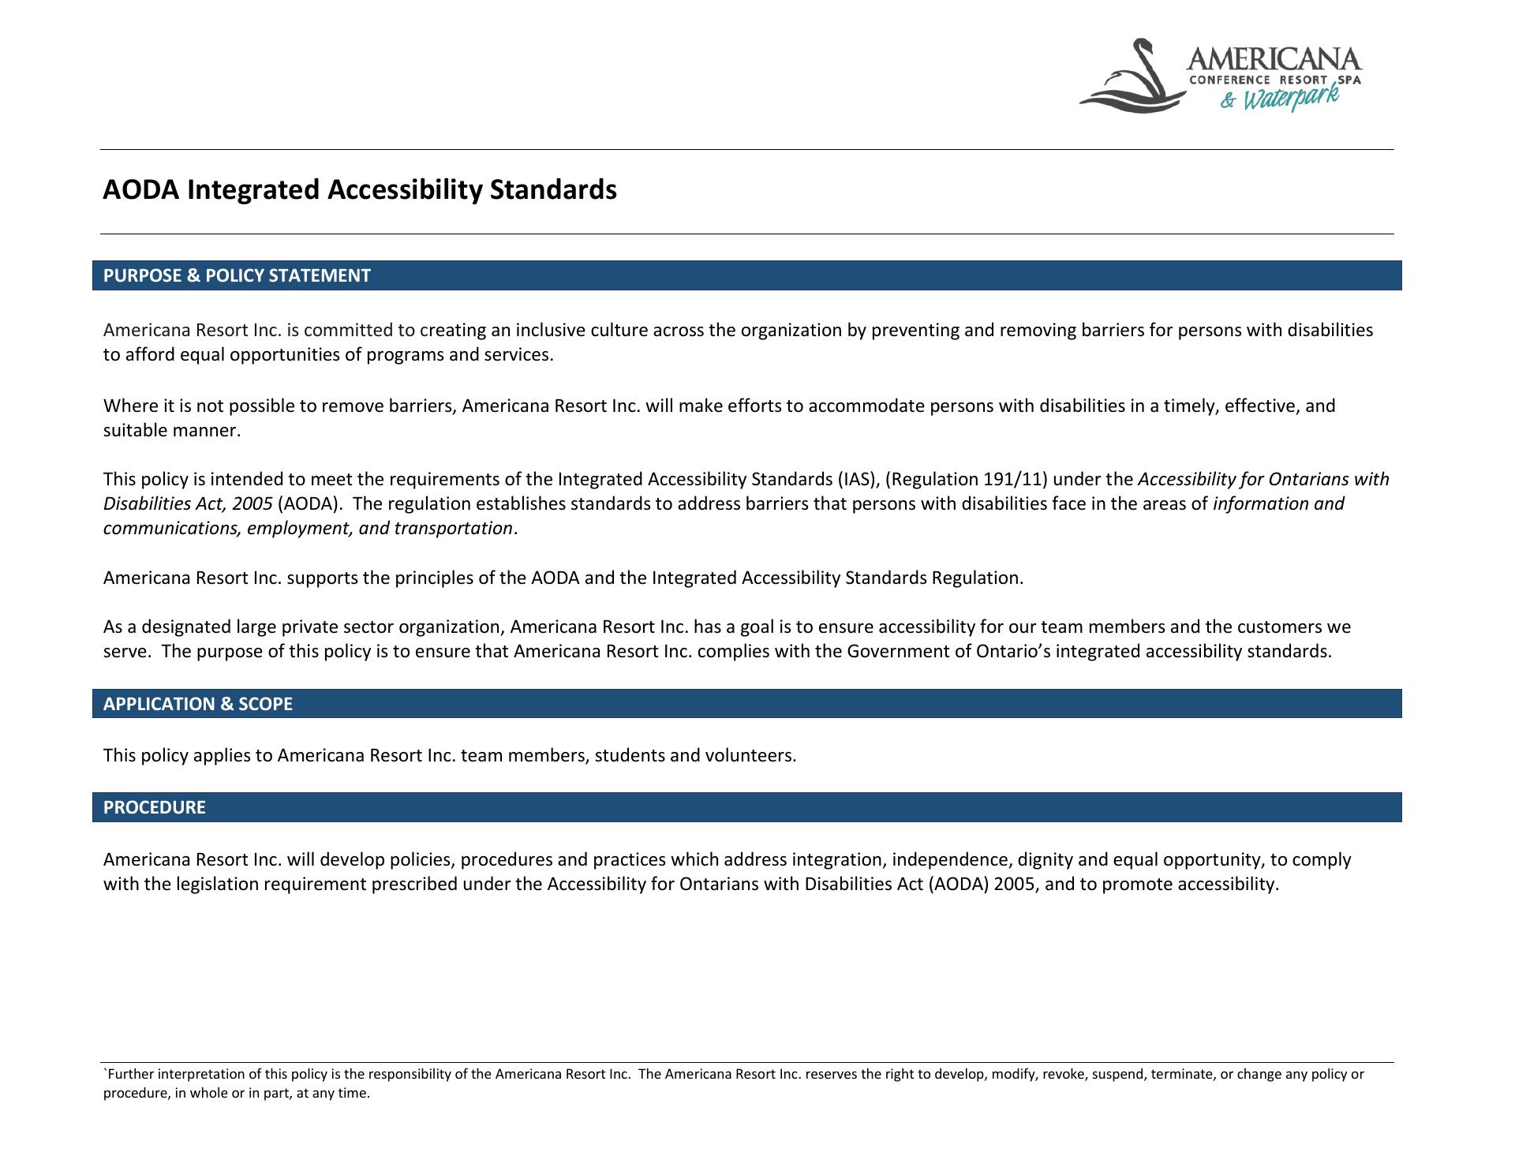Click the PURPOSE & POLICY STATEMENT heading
(x=237, y=275)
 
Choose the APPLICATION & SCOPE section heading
(x=198, y=704)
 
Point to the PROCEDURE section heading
(x=155, y=807)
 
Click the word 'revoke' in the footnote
(x=1064, y=1074)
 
